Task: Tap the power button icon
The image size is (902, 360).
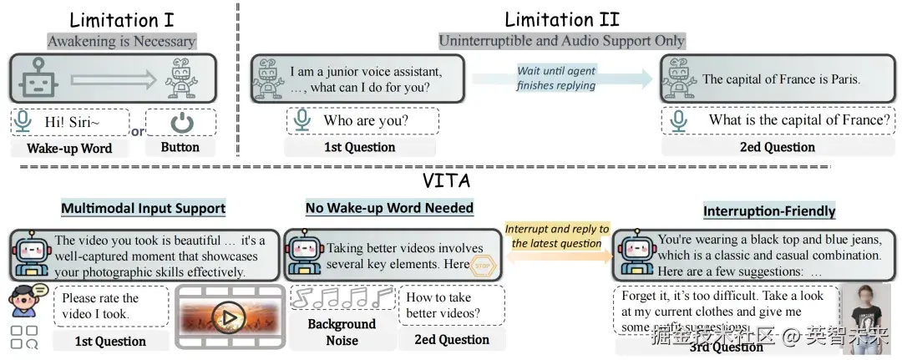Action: (180, 123)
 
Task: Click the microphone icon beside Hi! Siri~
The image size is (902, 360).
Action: (23, 123)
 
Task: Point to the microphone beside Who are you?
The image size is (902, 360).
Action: (302, 120)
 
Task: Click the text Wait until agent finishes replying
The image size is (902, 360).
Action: (556, 78)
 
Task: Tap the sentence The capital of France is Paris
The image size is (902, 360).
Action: (781, 79)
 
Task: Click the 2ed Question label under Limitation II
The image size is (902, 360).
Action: (776, 147)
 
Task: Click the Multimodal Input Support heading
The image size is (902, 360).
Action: (143, 208)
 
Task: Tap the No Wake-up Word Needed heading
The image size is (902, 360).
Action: (389, 207)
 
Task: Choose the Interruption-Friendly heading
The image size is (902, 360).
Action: (769, 211)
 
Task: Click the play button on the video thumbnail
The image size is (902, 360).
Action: (228, 317)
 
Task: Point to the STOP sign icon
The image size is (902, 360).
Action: (483, 266)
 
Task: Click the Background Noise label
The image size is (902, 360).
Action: (342, 332)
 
